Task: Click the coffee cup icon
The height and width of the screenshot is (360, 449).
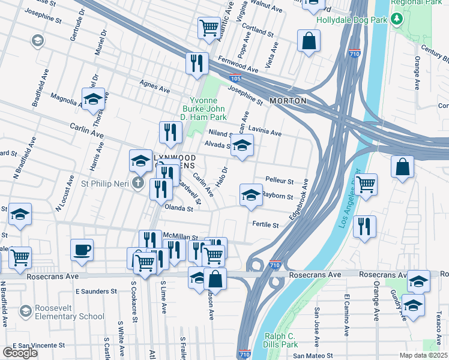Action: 82,250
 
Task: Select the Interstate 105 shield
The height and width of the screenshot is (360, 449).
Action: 236,79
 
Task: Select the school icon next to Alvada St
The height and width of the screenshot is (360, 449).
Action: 242,145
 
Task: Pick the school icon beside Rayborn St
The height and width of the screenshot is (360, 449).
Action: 251,194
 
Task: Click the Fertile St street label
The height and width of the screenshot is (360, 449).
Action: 265,225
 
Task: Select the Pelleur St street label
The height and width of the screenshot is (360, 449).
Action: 279,181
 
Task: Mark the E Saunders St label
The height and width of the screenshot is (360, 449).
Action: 96,291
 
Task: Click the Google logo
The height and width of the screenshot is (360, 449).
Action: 20,352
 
